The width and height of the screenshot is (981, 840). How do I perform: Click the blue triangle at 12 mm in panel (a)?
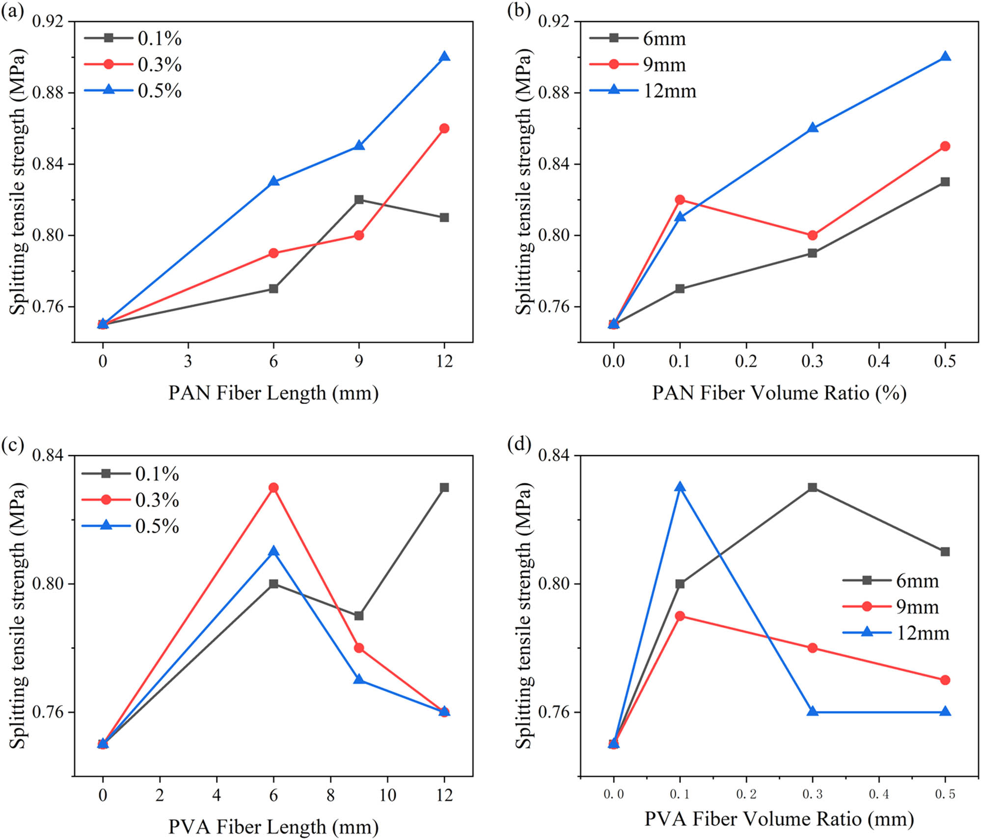pyautogui.click(x=444, y=56)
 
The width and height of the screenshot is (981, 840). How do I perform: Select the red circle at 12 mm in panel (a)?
pyautogui.click(x=444, y=129)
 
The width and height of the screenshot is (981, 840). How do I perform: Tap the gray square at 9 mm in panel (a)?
pyautogui.click(x=359, y=199)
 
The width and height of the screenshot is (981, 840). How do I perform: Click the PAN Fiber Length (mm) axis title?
pyautogui.click(x=273, y=393)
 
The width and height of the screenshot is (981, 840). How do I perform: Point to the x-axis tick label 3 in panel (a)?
pyautogui.click(x=188, y=362)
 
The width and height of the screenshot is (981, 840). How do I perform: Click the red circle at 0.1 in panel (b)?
pyautogui.click(x=680, y=200)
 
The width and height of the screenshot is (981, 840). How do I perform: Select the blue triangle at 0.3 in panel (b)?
pyautogui.click(x=813, y=128)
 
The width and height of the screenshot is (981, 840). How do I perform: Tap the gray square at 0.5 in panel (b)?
pyautogui.click(x=945, y=182)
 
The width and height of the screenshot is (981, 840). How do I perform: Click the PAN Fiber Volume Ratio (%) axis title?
pyautogui.click(x=779, y=393)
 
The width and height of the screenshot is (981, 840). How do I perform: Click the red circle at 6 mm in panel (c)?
pyautogui.click(x=273, y=488)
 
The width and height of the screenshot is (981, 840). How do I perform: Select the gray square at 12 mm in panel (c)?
pyautogui.click(x=444, y=488)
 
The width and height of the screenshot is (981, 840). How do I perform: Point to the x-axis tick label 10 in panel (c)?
pyautogui.click(x=387, y=795)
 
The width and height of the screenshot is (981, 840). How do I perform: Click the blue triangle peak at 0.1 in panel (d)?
pyautogui.click(x=680, y=487)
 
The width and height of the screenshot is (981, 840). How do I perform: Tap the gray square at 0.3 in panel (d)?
pyautogui.click(x=813, y=488)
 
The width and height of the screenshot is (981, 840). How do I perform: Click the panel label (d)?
pyautogui.click(x=519, y=445)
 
